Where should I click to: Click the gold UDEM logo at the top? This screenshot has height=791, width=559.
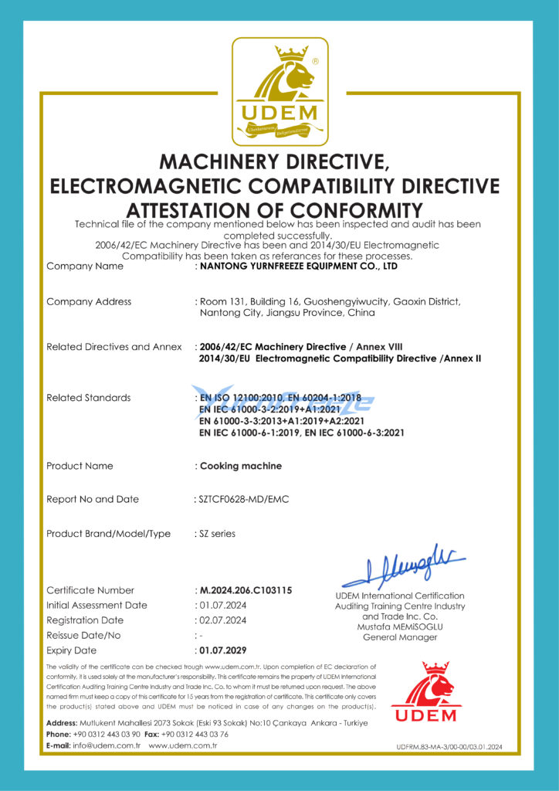pyautogui.click(x=280, y=92)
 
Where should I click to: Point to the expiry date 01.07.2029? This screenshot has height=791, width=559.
pyautogui.click(x=223, y=650)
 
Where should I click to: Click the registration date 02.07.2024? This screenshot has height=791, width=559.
pyautogui.click(x=223, y=620)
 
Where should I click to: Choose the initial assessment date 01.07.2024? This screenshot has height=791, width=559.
pyautogui.click(x=223, y=606)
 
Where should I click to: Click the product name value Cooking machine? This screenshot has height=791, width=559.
pyautogui.click(x=241, y=466)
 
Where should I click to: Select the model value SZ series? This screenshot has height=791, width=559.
pyautogui.click(x=218, y=534)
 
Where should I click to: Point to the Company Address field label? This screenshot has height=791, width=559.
pyautogui.click(x=89, y=301)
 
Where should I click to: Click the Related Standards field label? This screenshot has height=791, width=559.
pyautogui.click(x=88, y=398)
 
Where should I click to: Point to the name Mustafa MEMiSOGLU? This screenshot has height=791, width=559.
pyautogui.click(x=399, y=626)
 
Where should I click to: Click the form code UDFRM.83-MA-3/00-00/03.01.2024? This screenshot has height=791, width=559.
pyautogui.click(x=449, y=747)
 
